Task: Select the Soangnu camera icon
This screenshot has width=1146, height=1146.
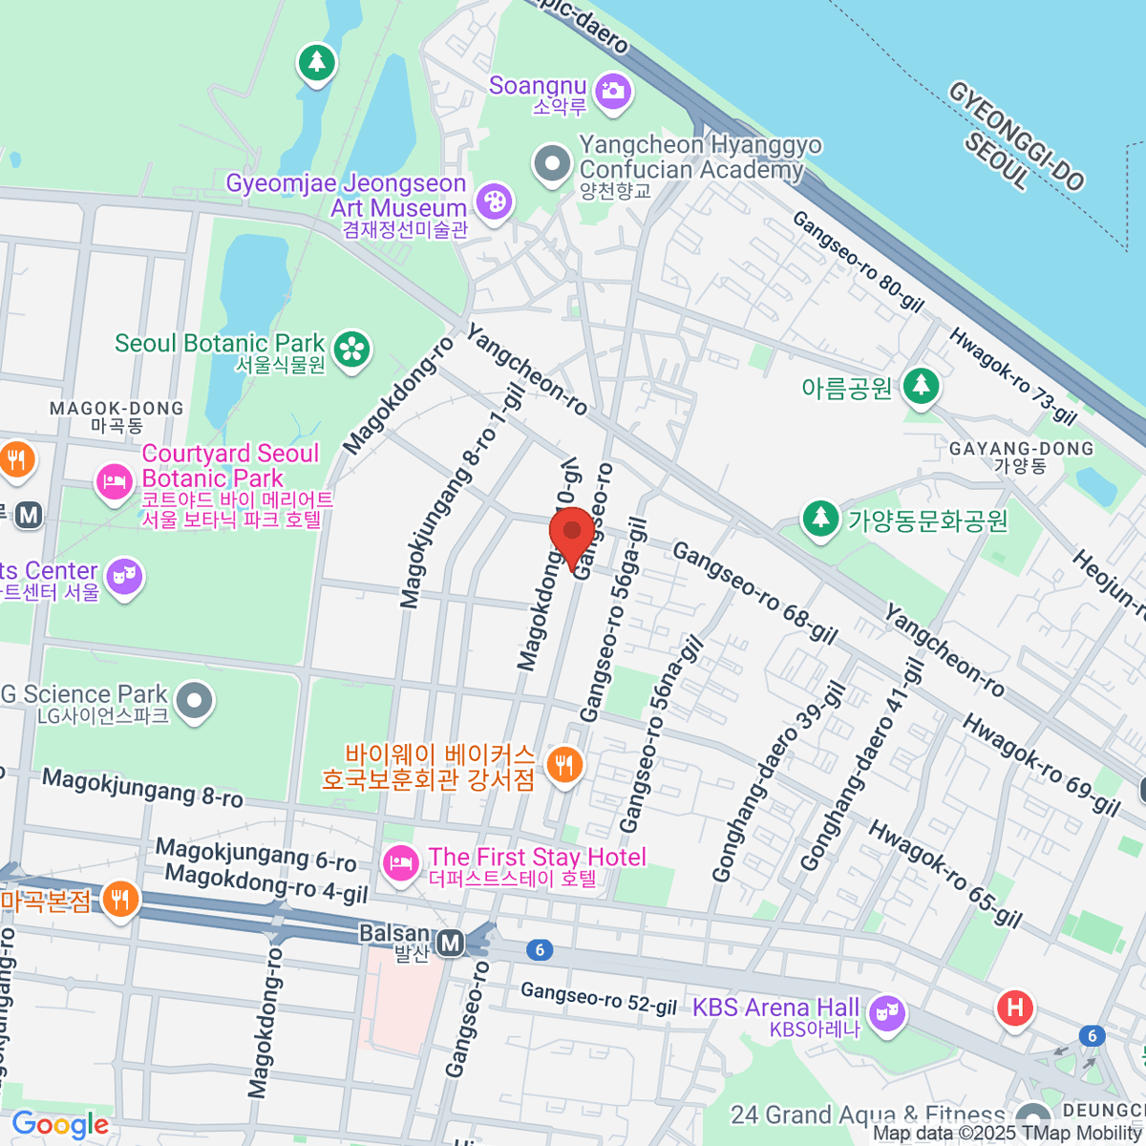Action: coord(611,92)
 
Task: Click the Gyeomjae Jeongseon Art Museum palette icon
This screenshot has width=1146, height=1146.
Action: coord(494,202)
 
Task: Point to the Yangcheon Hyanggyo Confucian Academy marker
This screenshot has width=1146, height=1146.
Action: coord(551,163)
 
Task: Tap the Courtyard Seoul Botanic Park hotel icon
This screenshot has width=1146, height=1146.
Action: coord(114,480)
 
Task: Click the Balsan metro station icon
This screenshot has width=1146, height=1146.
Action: coord(450,944)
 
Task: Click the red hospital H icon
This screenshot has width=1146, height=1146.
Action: coord(1014,1008)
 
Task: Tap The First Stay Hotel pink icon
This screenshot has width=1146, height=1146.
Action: coord(400,863)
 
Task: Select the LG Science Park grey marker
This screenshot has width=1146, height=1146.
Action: coord(195,700)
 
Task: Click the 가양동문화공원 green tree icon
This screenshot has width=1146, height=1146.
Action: coord(820,519)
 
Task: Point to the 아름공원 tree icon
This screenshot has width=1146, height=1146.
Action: coord(921,387)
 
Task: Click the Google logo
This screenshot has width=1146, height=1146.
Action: coord(60,1124)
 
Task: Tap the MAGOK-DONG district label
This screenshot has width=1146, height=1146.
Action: coord(117,416)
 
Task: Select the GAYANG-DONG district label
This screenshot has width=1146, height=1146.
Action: coord(1021,456)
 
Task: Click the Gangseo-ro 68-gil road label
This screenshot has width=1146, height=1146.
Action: coord(754,593)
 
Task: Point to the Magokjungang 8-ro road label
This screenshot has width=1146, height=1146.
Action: coord(142,788)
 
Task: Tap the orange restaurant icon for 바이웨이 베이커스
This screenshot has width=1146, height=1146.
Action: coord(564,765)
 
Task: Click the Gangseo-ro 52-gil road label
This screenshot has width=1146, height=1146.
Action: coord(599,999)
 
